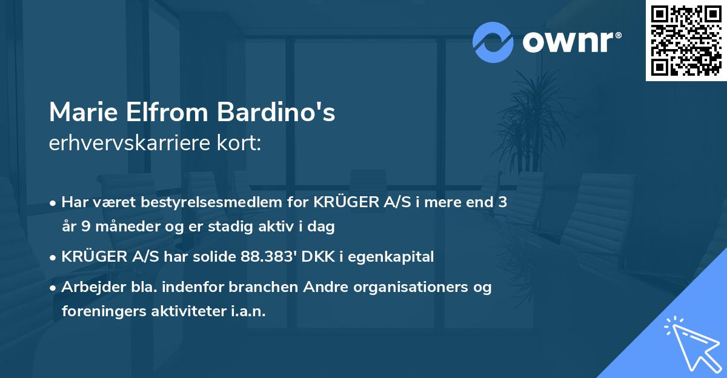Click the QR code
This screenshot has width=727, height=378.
686,40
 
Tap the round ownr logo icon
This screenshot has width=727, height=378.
493,42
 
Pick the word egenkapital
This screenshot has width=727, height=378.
395,257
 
